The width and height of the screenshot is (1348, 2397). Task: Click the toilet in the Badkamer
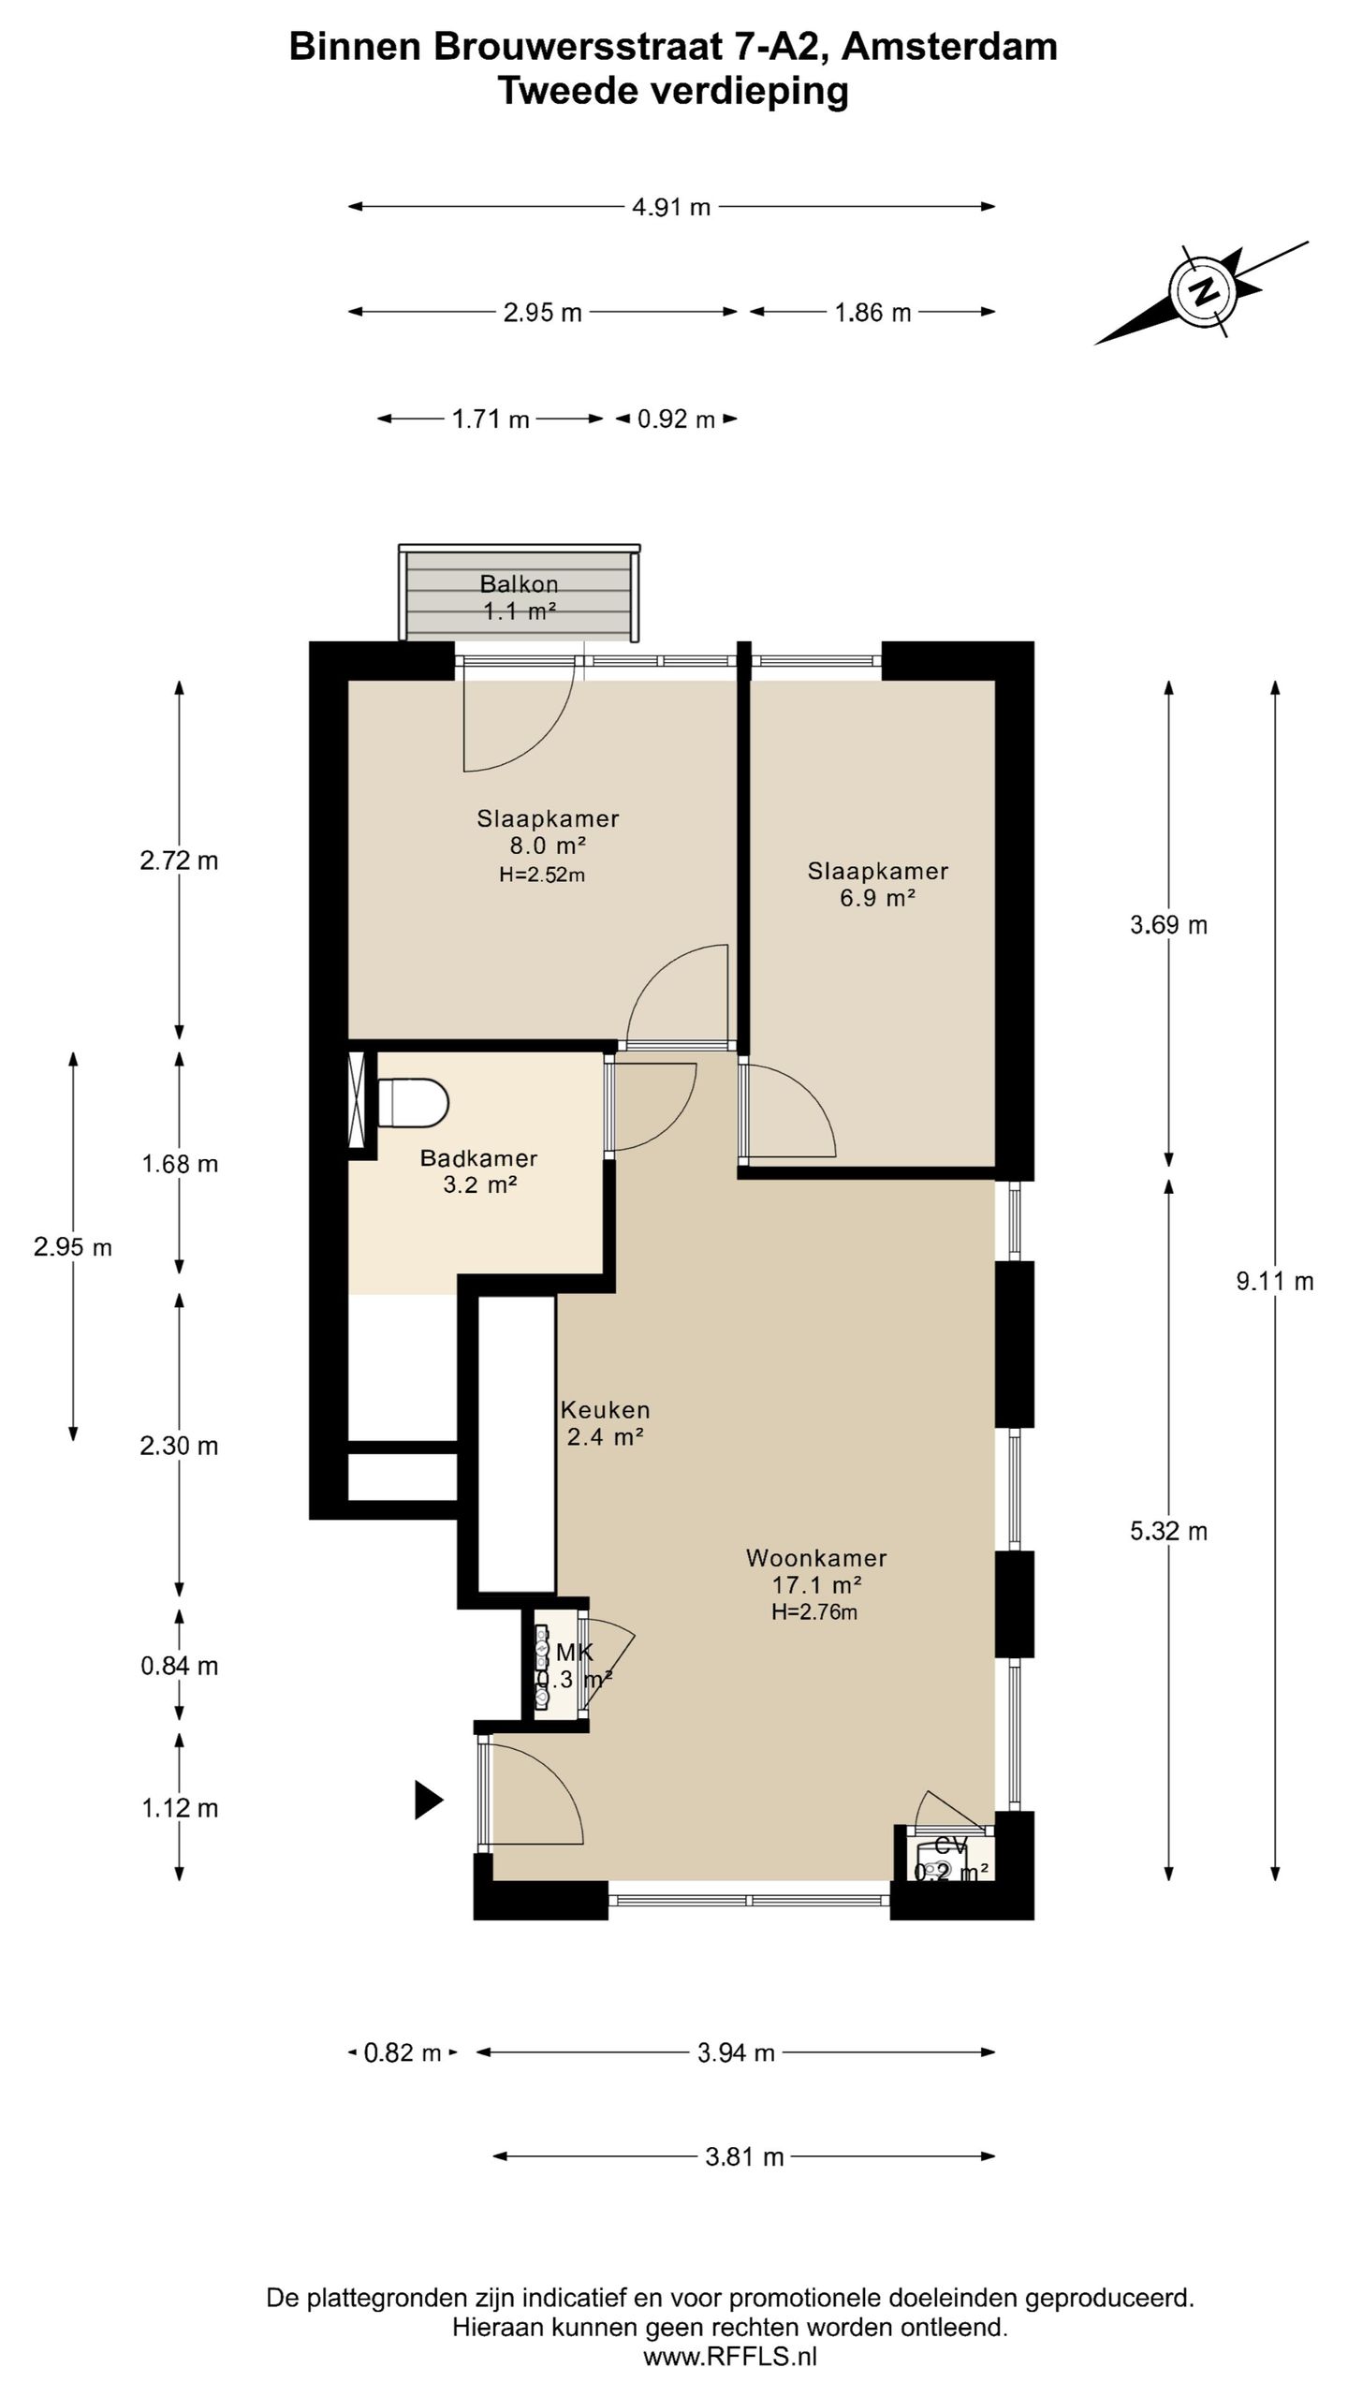click(414, 1102)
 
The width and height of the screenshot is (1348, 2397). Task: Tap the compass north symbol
click(1201, 291)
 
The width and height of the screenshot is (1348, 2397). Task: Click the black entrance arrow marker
click(429, 1799)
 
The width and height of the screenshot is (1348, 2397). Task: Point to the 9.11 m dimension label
click(1275, 1281)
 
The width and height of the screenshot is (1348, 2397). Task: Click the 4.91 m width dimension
click(671, 207)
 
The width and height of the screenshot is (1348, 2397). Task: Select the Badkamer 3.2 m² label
click(478, 1171)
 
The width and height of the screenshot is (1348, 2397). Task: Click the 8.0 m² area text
click(548, 845)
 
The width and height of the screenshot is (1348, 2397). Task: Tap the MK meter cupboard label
click(574, 1653)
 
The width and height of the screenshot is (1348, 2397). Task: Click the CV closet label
click(951, 1846)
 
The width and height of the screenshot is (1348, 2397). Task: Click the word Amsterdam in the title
click(949, 46)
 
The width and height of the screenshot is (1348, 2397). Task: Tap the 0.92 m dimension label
click(676, 419)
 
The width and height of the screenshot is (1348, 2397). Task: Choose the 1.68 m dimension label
click(180, 1164)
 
